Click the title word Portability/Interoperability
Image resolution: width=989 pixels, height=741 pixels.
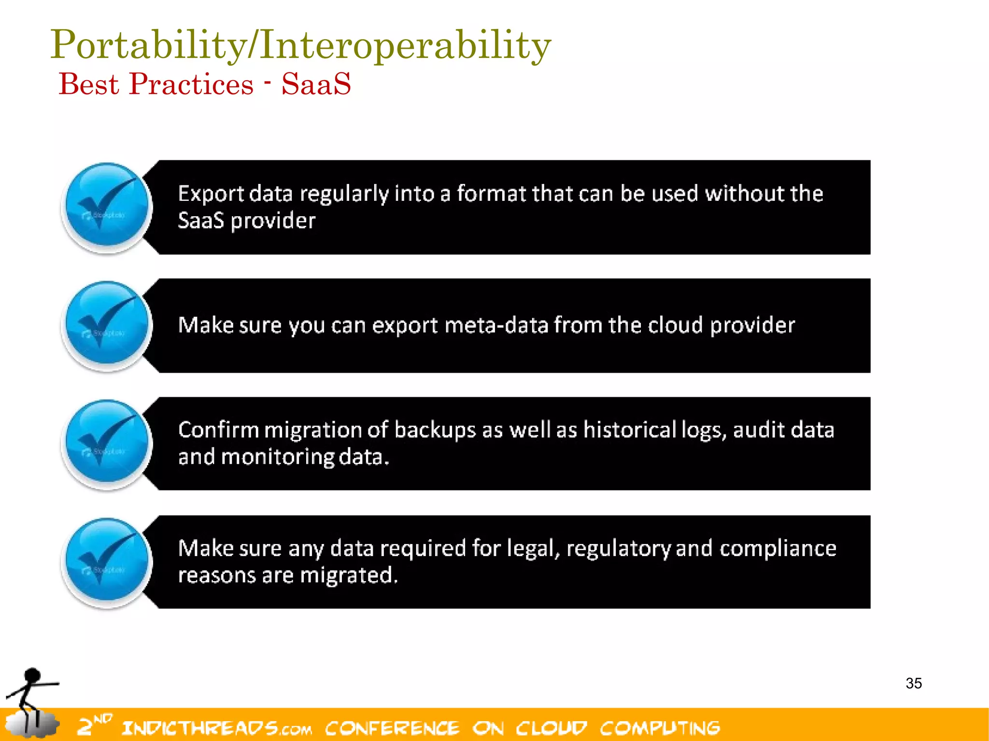point(300,45)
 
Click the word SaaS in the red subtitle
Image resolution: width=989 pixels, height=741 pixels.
point(316,84)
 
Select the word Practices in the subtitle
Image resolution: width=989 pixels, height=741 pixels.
point(191,84)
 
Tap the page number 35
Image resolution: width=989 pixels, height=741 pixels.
point(913,683)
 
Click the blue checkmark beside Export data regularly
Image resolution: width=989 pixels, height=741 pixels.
point(107,207)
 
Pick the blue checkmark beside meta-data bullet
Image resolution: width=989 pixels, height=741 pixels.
point(107,325)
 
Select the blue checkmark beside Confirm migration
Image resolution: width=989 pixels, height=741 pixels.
point(107,443)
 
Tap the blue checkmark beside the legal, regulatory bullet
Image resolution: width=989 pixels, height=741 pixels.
point(107,561)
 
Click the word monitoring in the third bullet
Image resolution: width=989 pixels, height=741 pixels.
point(277,457)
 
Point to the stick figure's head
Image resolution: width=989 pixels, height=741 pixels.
point(32,675)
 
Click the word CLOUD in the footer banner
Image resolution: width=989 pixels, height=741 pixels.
point(551,728)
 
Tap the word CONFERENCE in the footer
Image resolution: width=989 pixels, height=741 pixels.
point(392,728)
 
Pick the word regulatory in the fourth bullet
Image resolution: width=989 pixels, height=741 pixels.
point(618,548)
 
